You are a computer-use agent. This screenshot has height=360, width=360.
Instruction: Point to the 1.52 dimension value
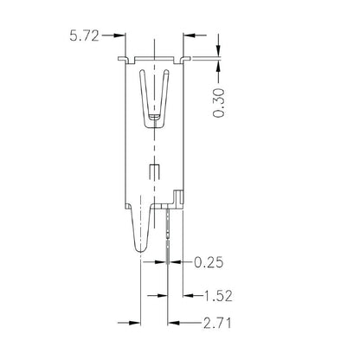(x=217, y=295)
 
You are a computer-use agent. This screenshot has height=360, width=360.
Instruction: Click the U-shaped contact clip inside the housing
(x=154, y=95)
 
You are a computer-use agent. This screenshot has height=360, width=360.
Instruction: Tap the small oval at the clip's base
(x=154, y=119)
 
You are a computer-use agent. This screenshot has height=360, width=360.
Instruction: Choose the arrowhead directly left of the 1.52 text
(x=186, y=294)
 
